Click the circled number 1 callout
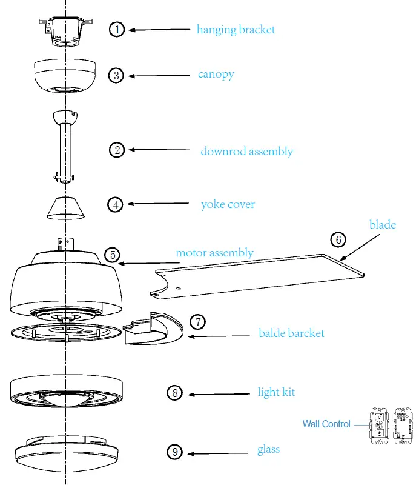point(117,29)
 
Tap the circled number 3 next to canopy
point(117,75)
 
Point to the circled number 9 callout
point(174,452)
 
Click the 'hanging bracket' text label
point(236,29)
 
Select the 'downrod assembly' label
point(246,151)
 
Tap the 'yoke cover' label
point(228,204)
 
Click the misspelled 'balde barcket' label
point(291,333)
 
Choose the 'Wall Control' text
point(326,424)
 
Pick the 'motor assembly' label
point(214,253)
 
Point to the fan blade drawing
point(260,276)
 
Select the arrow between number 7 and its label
point(221,335)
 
